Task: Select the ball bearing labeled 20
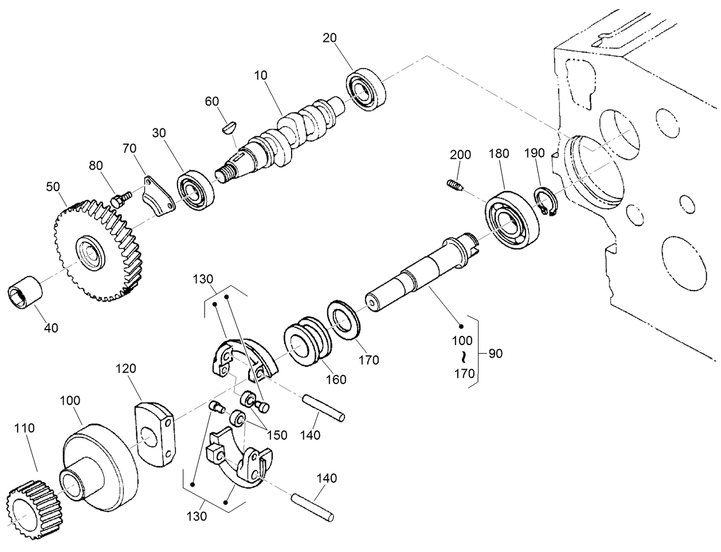[367, 89]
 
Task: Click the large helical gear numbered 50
[97, 250]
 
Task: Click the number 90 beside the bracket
[495, 354]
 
